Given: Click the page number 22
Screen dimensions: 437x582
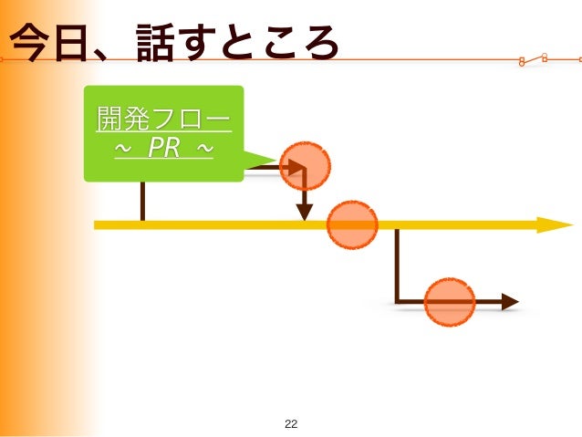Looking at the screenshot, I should [291, 423].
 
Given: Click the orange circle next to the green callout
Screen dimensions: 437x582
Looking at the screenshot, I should [305, 166].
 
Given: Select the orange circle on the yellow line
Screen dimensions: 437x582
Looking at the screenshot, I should [352, 224].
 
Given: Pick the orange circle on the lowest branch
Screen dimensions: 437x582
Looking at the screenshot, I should [450, 302].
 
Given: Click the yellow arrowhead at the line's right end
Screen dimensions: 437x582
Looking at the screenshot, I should [555, 224].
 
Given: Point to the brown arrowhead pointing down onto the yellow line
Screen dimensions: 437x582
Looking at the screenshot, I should [305, 212].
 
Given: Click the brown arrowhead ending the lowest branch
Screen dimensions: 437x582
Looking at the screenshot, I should [510, 302].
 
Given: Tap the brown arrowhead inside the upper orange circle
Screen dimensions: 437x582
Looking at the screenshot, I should [296, 167].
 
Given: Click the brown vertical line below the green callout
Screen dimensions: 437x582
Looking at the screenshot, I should [142, 201].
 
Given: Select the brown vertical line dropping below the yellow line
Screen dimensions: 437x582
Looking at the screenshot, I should [397, 265].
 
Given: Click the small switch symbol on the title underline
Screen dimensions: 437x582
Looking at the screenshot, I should [533, 60].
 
